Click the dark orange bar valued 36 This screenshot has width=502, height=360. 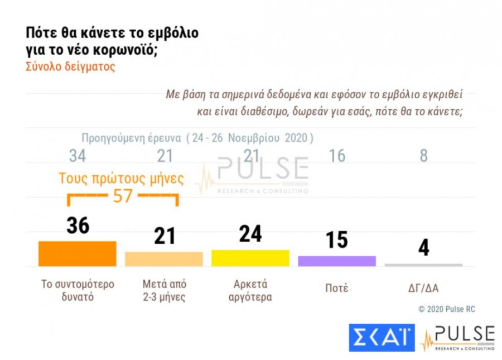click(x=77, y=253)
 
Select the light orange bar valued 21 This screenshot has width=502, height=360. click(x=163, y=259)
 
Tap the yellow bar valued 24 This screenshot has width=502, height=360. click(x=250, y=258)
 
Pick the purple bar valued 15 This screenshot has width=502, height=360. click(x=337, y=261)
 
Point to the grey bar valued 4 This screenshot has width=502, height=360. click(x=423, y=265)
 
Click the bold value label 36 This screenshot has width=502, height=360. click(x=78, y=226)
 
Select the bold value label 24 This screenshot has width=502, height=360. click(x=250, y=233)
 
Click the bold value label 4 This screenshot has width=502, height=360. click(x=424, y=248)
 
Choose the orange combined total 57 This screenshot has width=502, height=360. click(x=122, y=196)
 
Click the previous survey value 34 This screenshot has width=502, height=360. click(x=78, y=156)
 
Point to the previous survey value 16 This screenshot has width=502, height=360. click(x=337, y=156)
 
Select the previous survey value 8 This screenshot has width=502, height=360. click(x=424, y=156)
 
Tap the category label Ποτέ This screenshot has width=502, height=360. click(x=336, y=289)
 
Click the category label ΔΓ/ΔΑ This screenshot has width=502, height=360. click(x=423, y=289)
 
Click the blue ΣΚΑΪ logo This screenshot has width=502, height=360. click(x=382, y=337)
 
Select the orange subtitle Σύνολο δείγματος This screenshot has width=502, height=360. click(x=70, y=67)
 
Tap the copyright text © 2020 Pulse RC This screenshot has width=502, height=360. click(x=447, y=309)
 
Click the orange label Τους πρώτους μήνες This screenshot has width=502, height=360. click(x=122, y=179)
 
